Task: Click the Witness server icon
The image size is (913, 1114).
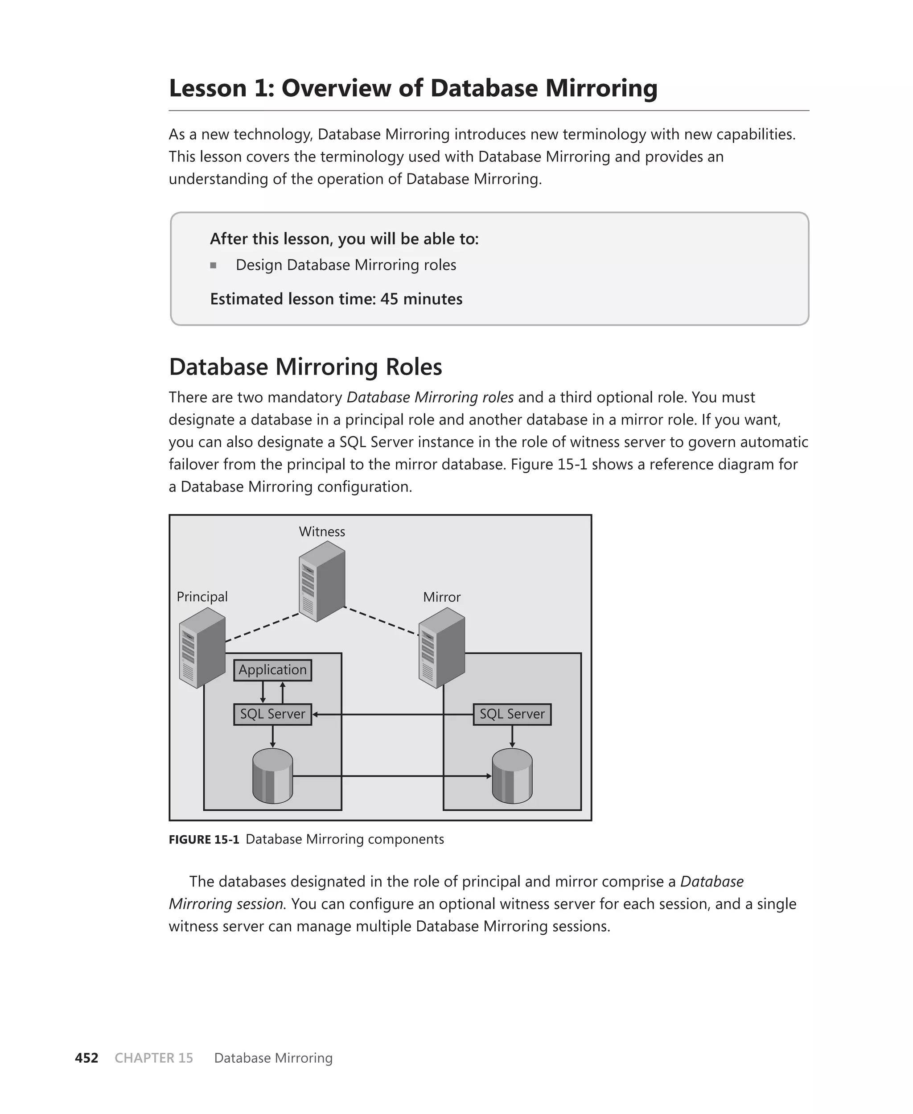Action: pyautogui.click(x=322, y=581)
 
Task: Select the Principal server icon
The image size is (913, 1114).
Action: pyautogui.click(x=202, y=648)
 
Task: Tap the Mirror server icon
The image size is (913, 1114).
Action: pyautogui.click(x=442, y=648)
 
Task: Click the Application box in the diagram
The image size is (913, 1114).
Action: pyautogui.click(x=272, y=670)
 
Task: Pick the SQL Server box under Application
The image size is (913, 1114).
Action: pyautogui.click(x=272, y=714)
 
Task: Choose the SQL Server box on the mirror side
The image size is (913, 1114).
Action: pyautogui.click(x=512, y=714)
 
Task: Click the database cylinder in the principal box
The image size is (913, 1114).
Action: pyautogui.click(x=272, y=776)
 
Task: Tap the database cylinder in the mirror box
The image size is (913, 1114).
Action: pyautogui.click(x=512, y=776)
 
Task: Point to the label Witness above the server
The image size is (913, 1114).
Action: pyautogui.click(x=322, y=532)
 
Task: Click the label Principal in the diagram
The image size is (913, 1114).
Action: pyautogui.click(x=202, y=597)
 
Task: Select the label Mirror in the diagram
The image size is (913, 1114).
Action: pyautogui.click(x=442, y=597)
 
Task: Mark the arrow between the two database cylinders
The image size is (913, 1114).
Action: pyautogui.click(x=392, y=776)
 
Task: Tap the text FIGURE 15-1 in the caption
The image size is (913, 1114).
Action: pyautogui.click(x=204, y=839)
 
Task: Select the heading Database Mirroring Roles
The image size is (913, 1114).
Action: pyautogui.click(x=305, y=367)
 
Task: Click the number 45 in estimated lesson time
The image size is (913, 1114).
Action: pyautogui.click(x=389, y=299)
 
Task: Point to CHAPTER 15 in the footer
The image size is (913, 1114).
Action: pyautogui.click(x=153, y=1058)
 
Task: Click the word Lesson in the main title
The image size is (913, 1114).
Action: pyautogui.click(x=207, y=88)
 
